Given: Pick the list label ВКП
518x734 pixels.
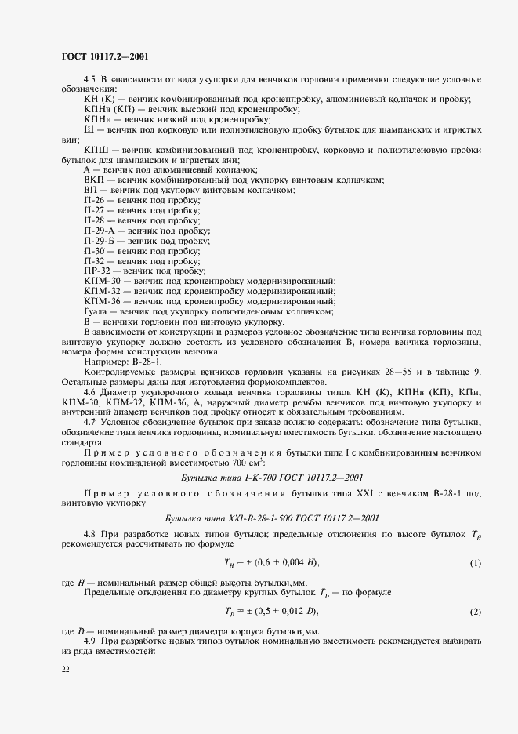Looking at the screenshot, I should (93, 180).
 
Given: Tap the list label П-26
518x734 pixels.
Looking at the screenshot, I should (94, 201).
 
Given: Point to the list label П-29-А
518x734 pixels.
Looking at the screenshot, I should (99, 231).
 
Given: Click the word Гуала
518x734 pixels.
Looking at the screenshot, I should (96, 311).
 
